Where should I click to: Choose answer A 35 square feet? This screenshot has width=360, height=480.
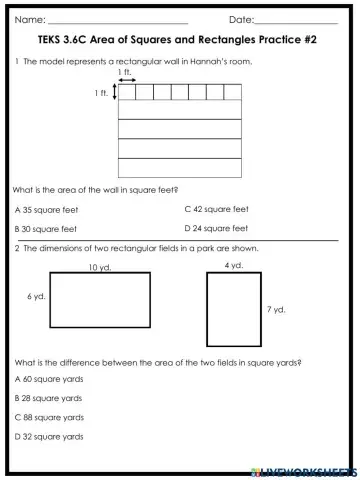pyautogui.click(x=47, y=210)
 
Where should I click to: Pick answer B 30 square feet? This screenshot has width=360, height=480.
pyautogui.click(x=47, y=229)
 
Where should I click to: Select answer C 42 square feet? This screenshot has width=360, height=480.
pyautogui.click(x=217, y=210)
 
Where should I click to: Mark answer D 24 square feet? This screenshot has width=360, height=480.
pyautogui.click(x=217, y=229)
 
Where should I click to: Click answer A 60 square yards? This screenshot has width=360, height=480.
pyautogui.click(x=49, y=379)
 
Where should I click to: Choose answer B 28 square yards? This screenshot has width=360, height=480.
pyautogui.click(x=49, y=398)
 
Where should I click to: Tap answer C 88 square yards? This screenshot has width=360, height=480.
pyautogui.click(x=49, y=417)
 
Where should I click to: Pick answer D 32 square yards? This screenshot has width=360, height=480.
pyautogui.click(x=49, y=436)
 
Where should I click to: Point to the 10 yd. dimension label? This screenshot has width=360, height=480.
pyautogui.click(x=99, y=267)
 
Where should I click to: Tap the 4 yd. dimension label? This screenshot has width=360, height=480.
pyautogui.click(x=234, y=265)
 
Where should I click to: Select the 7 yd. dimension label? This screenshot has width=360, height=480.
pyautogui.click(x=277, y=310)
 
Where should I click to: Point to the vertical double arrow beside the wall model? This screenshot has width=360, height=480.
pyautogui.click(x=115, y=93)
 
